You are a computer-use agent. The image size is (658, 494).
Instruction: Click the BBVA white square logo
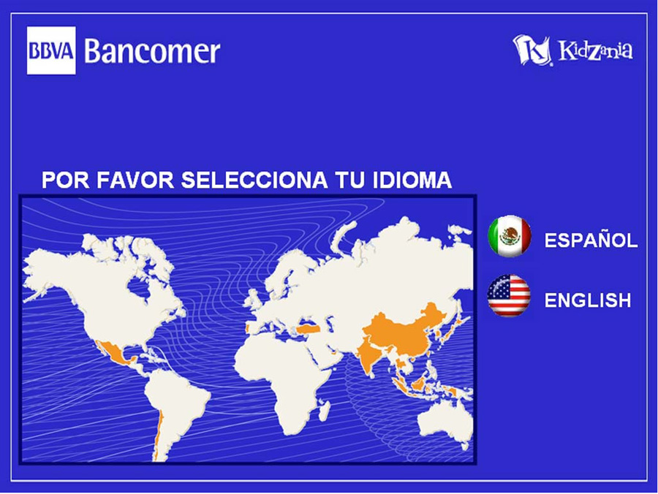pyautogui.click(x=51, y=50)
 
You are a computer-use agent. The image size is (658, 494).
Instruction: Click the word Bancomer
pyautogui.click(x=152, y=51)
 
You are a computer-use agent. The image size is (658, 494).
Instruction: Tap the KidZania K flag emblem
pyautogui.click(x=532, y=50)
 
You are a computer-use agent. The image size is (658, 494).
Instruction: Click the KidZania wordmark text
pyautogui.click(x=595, y=50)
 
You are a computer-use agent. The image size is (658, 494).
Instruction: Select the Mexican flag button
pyautogui.click(x=509, y=237)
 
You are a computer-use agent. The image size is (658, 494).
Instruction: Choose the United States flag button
pyautogui.click(x=509, y=296)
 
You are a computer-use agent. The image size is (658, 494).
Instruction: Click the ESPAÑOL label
pyautogui.click(x=591, y=240)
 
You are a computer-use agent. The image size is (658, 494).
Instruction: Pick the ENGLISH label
pyautogui.click(x=588, y=300)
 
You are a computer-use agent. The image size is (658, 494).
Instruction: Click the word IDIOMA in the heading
pyautogui.click(x=412, y=180)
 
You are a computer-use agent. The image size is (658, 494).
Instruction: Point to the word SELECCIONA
pyautogui.click(x=254, y=180)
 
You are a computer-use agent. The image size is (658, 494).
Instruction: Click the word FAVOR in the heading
pyautogui.click(x=135, y=180)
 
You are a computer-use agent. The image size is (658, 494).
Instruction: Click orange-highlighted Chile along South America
pyautogui.click(x=157, y=436)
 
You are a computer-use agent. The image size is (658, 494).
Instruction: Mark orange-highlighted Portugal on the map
pyautogui.click(x=247, y=327)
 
